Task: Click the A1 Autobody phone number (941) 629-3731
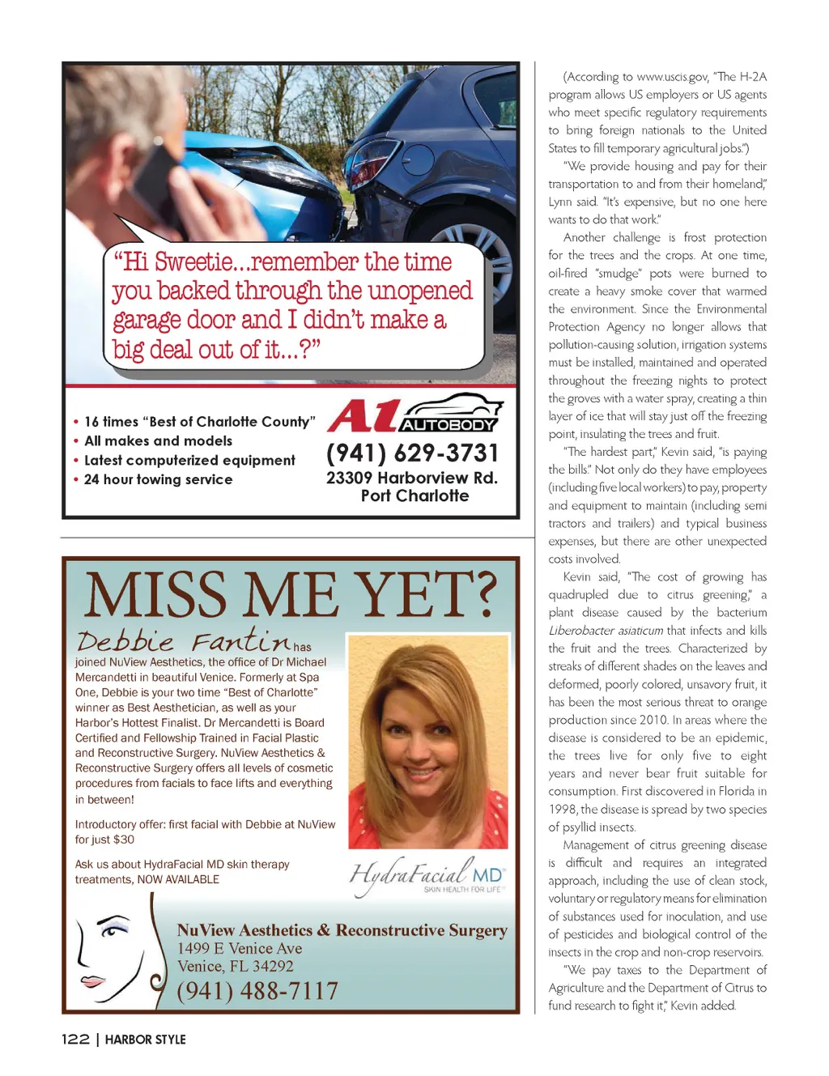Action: click(x=412, y=453)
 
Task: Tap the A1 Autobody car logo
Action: click(x=415, y=414)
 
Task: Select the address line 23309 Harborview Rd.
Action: click(x=411, y=478)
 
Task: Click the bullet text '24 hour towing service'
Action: click(x=158, y=479)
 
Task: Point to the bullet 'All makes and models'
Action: click(x=158, y=440)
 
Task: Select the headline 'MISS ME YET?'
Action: click(x=290, y=594)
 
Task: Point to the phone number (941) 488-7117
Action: click(x=257, y=990)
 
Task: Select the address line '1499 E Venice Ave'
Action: click(x=240, y=948)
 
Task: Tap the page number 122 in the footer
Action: click(x=75, y=1039)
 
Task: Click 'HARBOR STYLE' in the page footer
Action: click(x=145, y=1039)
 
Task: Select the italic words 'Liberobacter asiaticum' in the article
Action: click(x=606, y=630)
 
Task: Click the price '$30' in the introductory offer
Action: click(x=123, y=840)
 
